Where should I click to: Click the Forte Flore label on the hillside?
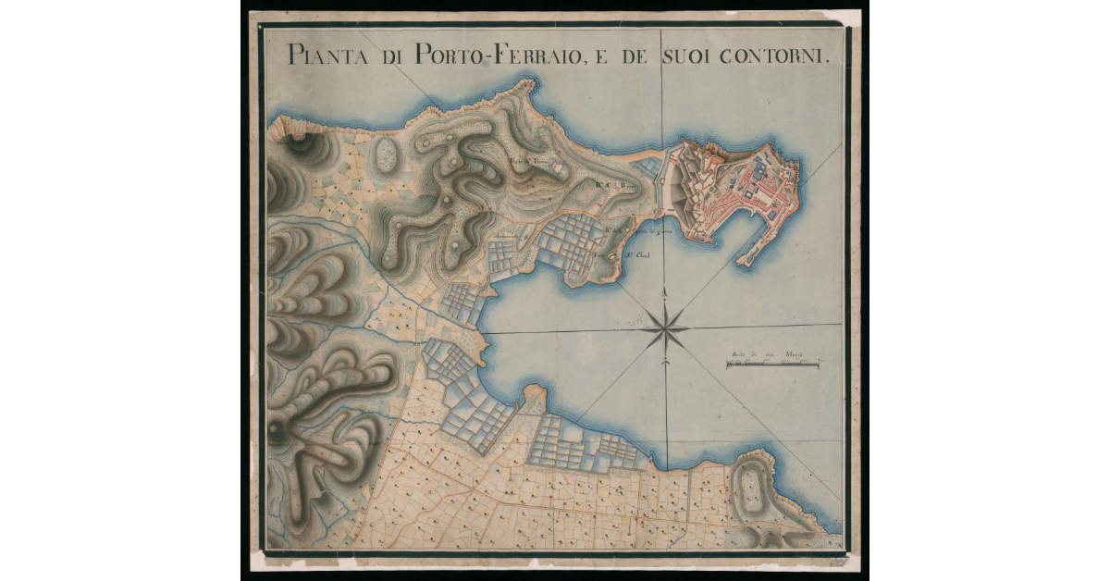click(525, 160)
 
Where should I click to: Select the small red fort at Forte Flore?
click(555, 165)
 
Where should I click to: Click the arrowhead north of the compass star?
click(666, 294)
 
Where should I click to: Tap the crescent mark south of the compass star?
click(666, 363)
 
